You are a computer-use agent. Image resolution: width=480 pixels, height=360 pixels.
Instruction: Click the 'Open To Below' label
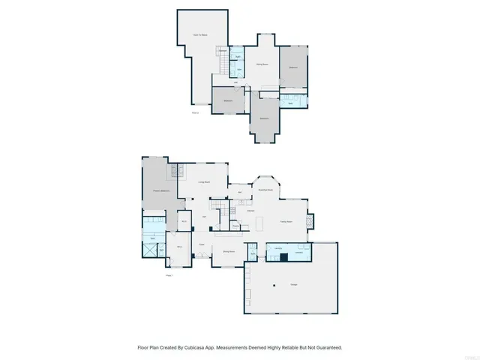tap(200, 34)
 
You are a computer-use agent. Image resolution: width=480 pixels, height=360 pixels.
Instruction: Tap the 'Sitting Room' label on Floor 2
tap(262, 64)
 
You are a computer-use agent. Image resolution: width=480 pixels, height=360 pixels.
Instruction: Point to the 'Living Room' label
tap(203, 182)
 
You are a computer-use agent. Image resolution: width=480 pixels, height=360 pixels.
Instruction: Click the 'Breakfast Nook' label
tap(265, 190)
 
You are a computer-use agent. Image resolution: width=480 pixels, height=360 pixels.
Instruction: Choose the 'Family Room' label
tap(286, 221)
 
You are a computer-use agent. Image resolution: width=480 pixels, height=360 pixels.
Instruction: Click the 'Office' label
tap(180, 246)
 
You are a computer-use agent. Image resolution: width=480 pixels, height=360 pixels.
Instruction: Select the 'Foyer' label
tap(202, 244)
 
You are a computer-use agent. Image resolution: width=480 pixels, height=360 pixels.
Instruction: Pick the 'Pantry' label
tap(235, 225)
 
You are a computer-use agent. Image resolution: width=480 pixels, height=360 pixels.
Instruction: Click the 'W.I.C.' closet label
tap(184, 221)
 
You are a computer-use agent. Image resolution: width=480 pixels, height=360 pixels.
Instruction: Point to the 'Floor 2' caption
tap(195, 112)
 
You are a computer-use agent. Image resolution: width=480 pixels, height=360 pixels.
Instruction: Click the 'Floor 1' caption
tap(169, 275)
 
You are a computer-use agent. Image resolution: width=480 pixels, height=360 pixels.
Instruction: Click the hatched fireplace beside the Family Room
tap(311, 222)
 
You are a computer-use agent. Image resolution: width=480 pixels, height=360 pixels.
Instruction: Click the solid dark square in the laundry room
tap(283, 256)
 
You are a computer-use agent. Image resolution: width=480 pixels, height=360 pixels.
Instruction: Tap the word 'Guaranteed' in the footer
tap(327, 348)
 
